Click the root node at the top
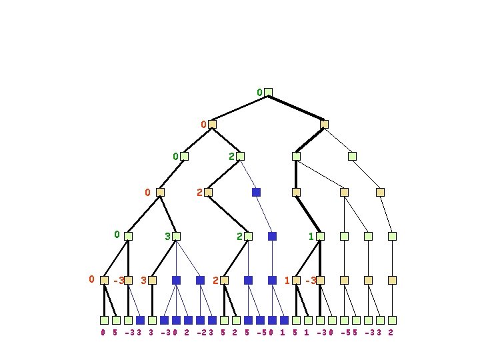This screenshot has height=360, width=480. [268, 92]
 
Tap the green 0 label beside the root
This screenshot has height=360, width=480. [259, 92]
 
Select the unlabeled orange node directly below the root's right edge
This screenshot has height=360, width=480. [324, 124]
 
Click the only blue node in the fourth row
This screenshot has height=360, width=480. [256, 192]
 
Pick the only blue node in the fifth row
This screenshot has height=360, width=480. [272, 236]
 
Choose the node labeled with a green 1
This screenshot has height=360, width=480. [320, 236]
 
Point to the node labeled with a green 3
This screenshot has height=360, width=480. [176, 236]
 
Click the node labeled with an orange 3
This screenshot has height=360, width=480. [152, 281]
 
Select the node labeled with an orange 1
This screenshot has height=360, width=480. [296, 281]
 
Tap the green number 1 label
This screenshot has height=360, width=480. [311, 236]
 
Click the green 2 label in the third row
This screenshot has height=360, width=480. [231, 157]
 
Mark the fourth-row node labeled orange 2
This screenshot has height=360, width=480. [208, 192]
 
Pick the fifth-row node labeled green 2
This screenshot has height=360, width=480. [248, 236]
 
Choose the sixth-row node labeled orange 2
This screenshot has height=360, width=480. [224, 281]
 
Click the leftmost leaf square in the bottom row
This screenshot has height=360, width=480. [104, 320]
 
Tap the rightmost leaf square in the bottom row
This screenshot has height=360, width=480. [392, 320]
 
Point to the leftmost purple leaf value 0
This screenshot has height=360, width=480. [103, 332]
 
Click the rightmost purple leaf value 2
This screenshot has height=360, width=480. [390, 332]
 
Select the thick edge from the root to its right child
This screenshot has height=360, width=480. [296, 108]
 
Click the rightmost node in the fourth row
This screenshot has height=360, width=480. [380, 192]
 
